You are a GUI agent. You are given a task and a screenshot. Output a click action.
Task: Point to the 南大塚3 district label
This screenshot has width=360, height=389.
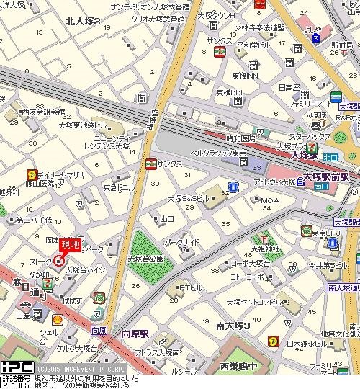(232, 326)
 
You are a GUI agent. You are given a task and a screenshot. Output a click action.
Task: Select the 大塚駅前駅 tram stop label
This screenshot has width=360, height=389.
(326, 176)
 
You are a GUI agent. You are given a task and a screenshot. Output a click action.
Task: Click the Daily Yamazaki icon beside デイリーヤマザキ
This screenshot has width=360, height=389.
(32, 174)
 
